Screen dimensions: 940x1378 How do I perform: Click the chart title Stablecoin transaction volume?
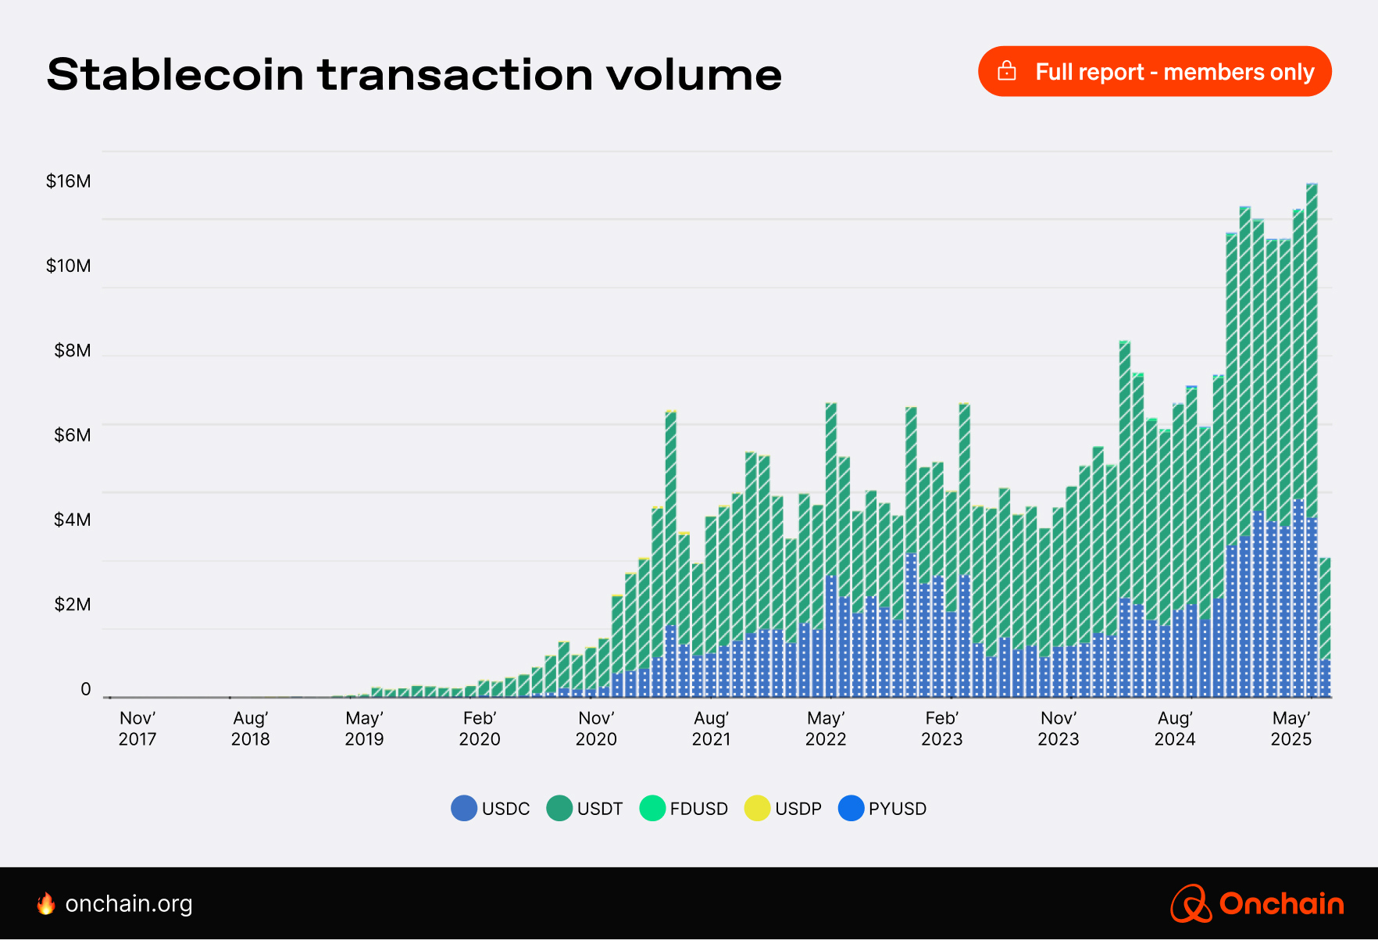tap(414, 75)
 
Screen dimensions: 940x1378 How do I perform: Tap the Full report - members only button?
tap(1154, 72)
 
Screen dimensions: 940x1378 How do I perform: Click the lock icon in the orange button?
tap(1007, 72)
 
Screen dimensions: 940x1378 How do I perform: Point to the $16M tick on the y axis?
tap(69, 181)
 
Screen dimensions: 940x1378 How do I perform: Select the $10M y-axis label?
tap(69, 266)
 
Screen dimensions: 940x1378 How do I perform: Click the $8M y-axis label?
tap(72, 350)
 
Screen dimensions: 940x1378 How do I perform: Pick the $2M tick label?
tap(72, 604)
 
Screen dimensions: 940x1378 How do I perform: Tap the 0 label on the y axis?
tap(86, 689)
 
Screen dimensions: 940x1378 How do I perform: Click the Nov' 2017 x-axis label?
tap(137, 728)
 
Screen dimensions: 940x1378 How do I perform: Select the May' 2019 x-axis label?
tap(364, 728)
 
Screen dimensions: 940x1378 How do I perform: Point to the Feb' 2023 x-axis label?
tap(941, 728)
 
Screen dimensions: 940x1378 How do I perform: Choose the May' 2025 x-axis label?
tap(1291, 728)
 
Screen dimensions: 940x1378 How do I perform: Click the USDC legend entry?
tap(491, 809)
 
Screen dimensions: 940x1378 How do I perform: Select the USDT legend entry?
tap(585, 809)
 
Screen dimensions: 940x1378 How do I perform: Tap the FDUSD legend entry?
tap(684, 809)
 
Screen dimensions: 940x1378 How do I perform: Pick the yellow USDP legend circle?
tap(757, 809)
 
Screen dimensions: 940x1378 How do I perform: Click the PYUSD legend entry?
tap(883, 809)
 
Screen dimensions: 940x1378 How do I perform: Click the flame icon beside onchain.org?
tap(46, 903)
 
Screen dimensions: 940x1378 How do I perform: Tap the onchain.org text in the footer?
tap(129, 904)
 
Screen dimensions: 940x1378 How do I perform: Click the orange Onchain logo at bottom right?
tap(1257, 903)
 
